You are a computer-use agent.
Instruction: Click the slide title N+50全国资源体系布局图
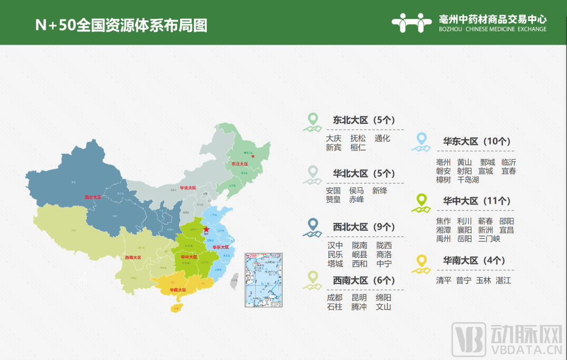tap(121, 25)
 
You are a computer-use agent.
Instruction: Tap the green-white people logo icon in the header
tap(412, 23)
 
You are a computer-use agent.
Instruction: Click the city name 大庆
tap(333, 139)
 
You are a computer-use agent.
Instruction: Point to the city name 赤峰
tap(356, 199)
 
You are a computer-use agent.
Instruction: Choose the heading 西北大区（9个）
tap(363, 227)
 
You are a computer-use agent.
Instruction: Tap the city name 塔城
tap(335, 263)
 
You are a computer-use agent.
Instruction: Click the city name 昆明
tap(359, 298)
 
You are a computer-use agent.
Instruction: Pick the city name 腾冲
tap(359, 307)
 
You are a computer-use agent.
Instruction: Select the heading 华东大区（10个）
tap(476, 142)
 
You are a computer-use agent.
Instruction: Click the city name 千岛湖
tap(468, 180)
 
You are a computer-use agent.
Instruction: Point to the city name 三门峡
tap(489, 239)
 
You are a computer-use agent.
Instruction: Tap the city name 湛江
tap(503, 281)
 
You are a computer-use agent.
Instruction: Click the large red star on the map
tap(206, 229)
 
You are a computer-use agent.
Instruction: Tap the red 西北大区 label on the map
tap(92, 197)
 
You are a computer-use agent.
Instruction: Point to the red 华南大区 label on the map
tap(178, 290)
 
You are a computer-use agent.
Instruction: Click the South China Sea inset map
tap(263, 279)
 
